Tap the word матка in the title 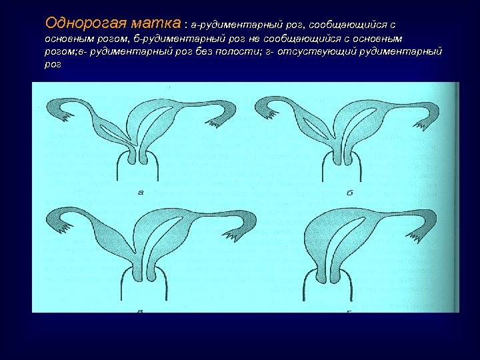[153, 22]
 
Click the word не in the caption [253, 39]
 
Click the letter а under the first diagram [140, 193]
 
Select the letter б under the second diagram [350, 193]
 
